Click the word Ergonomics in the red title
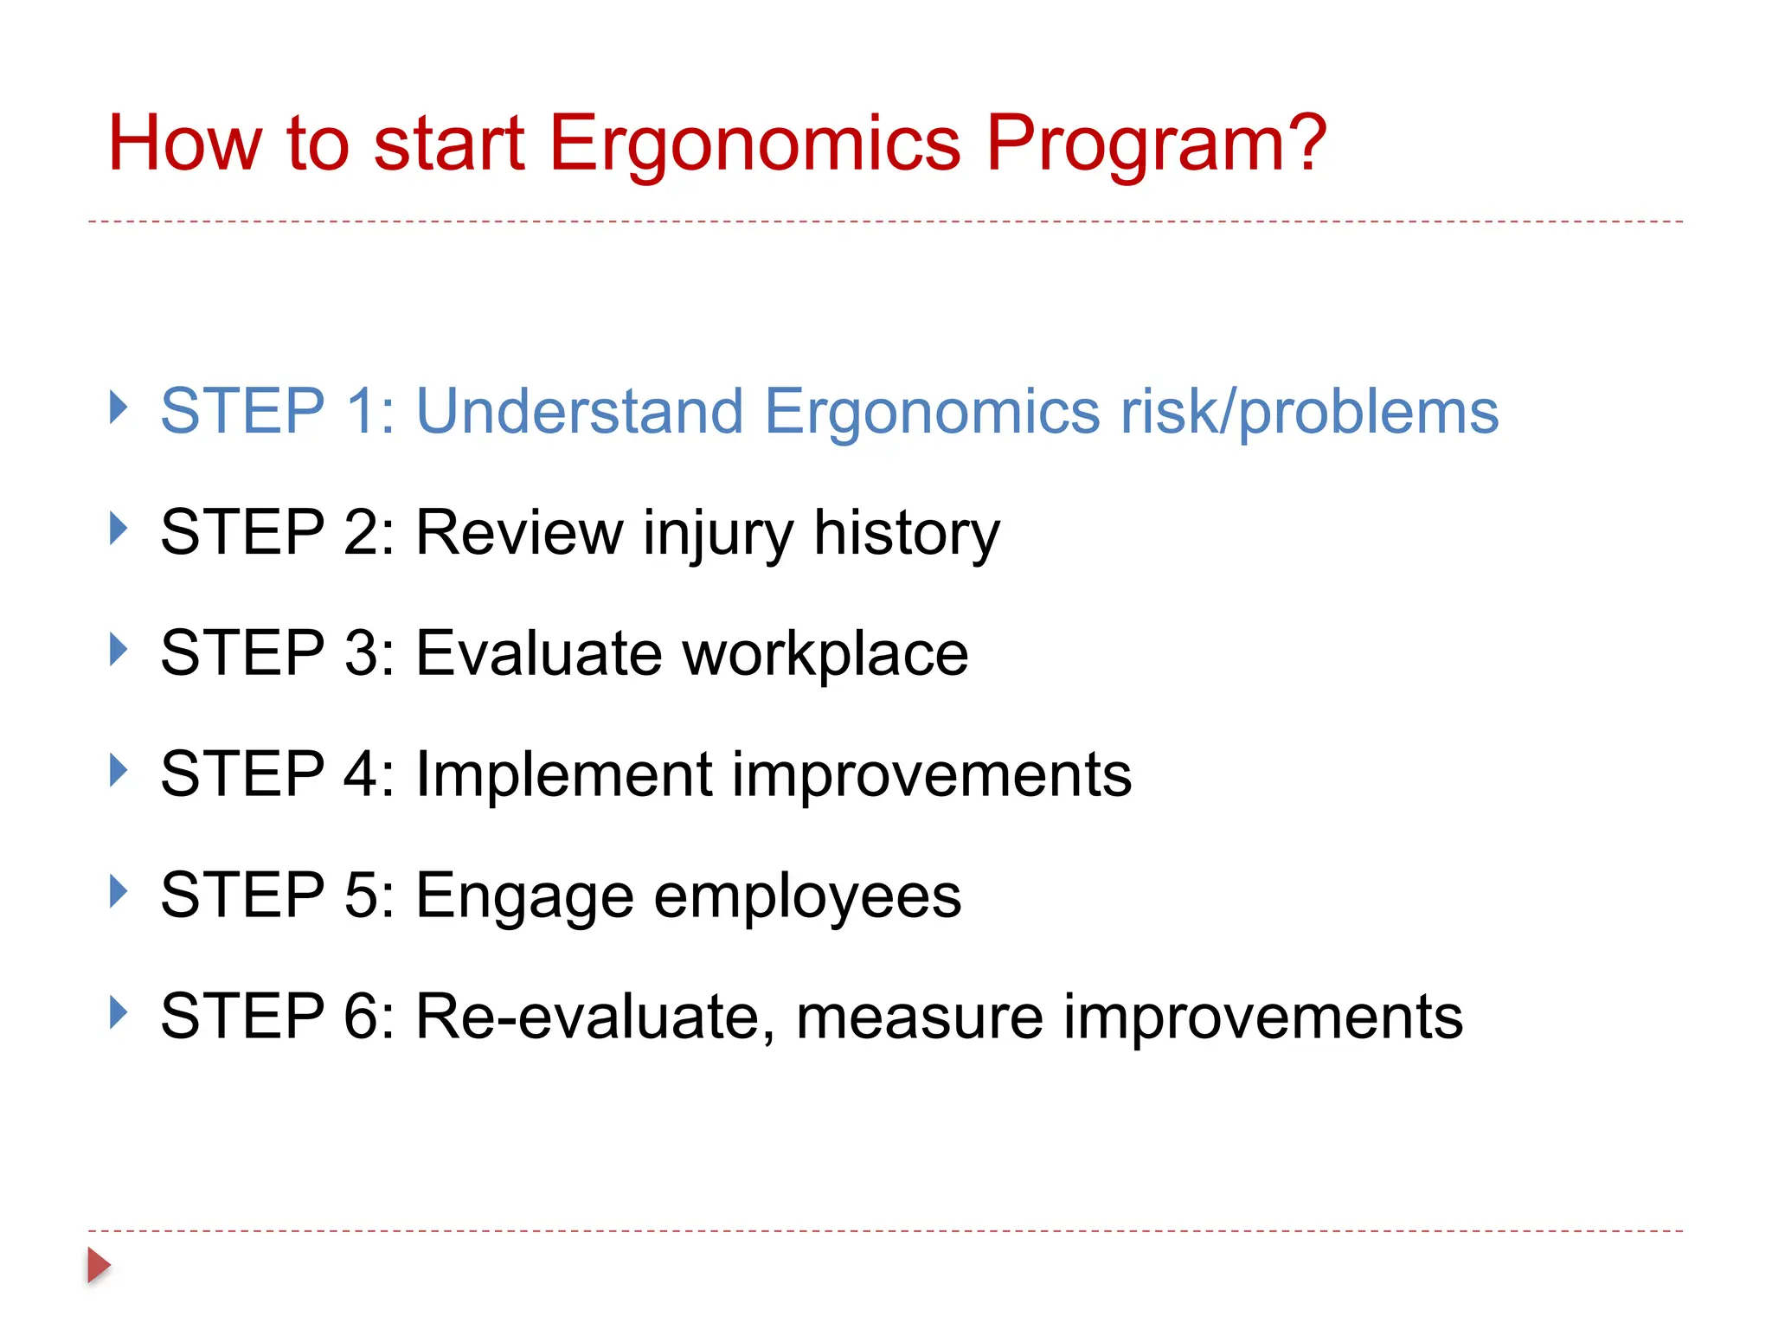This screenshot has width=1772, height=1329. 754,144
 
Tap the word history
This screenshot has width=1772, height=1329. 906,534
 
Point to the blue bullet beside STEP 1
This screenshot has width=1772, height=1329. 119,406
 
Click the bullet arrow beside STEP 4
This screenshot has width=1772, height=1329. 119,769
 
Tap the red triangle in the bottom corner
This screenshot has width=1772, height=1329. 99,1265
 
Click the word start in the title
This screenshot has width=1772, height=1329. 448,144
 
